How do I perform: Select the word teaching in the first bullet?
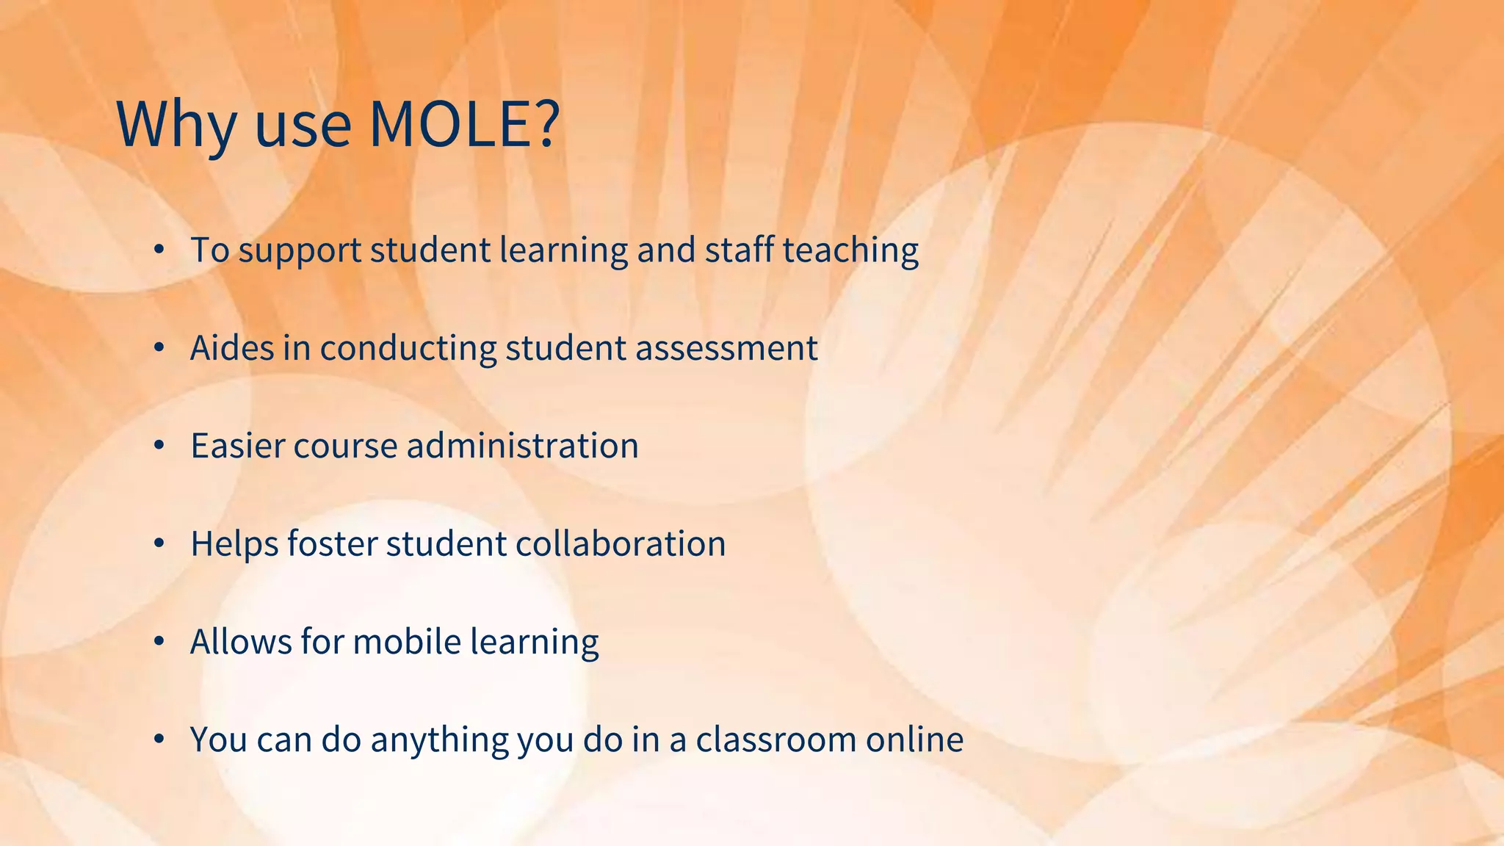[850, 250]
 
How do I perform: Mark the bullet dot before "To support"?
[159, 250]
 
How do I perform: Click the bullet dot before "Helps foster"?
[159, 544]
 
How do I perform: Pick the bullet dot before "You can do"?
[159, 740]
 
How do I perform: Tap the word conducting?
[408, 348]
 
